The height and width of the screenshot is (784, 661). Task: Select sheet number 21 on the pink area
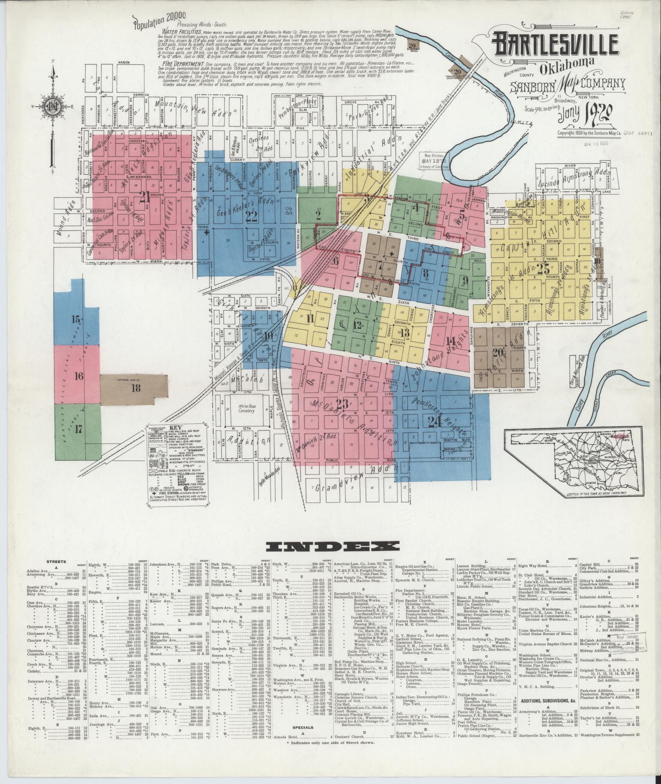click(144, 197)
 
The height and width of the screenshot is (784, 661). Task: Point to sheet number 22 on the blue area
click(251, 215)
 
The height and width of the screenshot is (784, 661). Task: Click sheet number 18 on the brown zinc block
click(136, 388)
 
